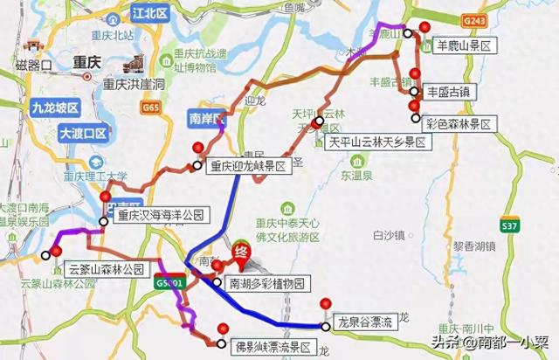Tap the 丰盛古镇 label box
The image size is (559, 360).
tap(449, 90)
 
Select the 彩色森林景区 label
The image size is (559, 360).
tap(458, 124)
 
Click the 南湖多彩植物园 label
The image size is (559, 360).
tap(267, 283)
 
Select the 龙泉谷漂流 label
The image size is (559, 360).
tap(365, 323)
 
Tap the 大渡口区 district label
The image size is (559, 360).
tap(82, 134)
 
